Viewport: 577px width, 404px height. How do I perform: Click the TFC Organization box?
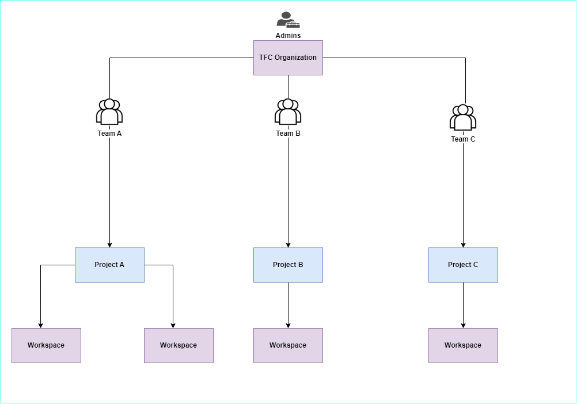(x=288, y=58)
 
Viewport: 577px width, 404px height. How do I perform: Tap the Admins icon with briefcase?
(x=288, y=20)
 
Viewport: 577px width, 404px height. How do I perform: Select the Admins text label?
(x=288, y=36)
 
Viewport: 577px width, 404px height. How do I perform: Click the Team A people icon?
(x=109, y=112)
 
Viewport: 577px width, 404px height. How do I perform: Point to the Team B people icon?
(x=288, y=112)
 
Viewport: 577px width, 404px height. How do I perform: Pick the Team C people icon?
(x=463, y=117)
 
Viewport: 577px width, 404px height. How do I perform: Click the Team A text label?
(x=109, y=134)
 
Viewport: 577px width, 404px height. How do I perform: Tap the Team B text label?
(x=288, y=134)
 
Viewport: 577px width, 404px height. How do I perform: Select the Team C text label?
(x=463, y=139)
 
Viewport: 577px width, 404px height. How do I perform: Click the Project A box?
(x=109, y=265)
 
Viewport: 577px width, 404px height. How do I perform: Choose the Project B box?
(x=288, y=265)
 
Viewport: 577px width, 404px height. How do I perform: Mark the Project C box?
(x=463, y=265)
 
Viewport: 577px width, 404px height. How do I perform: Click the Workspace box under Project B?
(x=288, y=345)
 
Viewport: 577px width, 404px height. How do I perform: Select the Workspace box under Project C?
(x=463, y=345)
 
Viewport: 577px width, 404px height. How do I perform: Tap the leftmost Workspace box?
(x=46, y=345)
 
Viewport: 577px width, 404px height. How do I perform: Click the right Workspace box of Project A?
(x=179, y=345)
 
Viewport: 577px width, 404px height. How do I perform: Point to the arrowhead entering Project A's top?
(x=109, y=245)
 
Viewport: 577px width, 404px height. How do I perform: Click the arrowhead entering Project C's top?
(x=463, y=245)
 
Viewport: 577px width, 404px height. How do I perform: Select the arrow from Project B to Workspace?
(x=288, y=305)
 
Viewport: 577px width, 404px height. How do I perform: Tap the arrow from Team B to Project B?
(x=288, y=190)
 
